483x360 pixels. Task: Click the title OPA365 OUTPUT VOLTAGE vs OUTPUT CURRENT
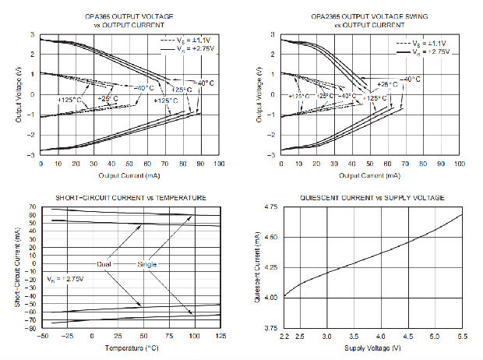(x=129, y=16)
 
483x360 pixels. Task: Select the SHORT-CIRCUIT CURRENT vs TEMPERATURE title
(x=130, y=197)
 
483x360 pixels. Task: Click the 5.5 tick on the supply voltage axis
(x=463, y=337)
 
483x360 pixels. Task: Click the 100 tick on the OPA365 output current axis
(x=219, y=164)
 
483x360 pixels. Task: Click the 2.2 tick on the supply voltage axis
(x=284, y=337)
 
